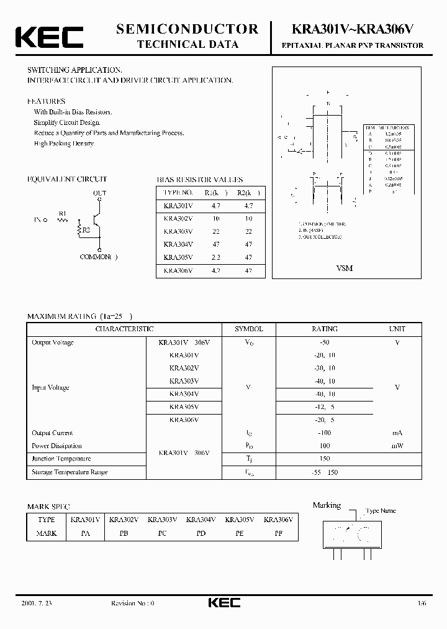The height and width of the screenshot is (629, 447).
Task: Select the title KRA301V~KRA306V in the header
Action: (x=352, y=29)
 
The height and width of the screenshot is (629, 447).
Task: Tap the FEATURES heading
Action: (x=46, y=101)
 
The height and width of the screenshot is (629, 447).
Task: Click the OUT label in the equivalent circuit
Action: (x=99, y=193)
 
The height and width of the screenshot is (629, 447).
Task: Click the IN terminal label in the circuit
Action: (x=37, y=220)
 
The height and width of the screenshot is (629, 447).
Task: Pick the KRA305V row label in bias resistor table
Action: (x=178, y=257)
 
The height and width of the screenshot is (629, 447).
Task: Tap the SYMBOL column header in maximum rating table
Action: (x=248, y=329)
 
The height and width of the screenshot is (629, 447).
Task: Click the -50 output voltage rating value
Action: (x=324, y=342)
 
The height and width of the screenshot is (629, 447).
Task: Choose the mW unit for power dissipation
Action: (x=397, y=446)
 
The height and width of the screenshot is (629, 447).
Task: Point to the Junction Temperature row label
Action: (x=61, y=459)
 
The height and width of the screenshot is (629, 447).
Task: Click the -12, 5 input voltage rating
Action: (x=324, y=406)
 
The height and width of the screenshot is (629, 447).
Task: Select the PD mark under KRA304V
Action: (x=201, y=533)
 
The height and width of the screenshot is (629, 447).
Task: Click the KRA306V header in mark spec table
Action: (x=278, y=520)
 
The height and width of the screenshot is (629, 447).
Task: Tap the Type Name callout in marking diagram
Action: (x=381, y=510)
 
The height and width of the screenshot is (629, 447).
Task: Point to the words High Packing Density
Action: (x=64, y=144)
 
